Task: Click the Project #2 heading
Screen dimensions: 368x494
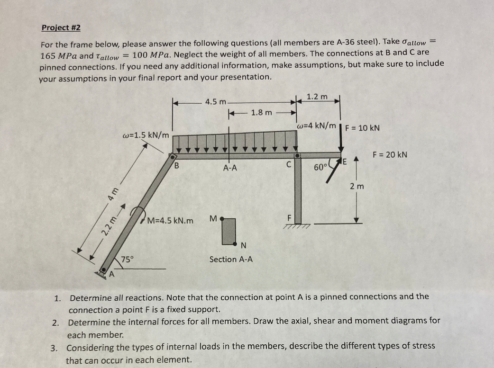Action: point(61,27)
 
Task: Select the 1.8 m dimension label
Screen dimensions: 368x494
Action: point(262,113)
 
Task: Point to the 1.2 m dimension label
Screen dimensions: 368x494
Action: point(317,97)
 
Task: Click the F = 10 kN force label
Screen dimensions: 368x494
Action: point(362,128)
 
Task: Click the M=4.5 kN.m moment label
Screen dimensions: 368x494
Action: point(170,221)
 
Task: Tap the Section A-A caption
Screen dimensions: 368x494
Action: point(231,259)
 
